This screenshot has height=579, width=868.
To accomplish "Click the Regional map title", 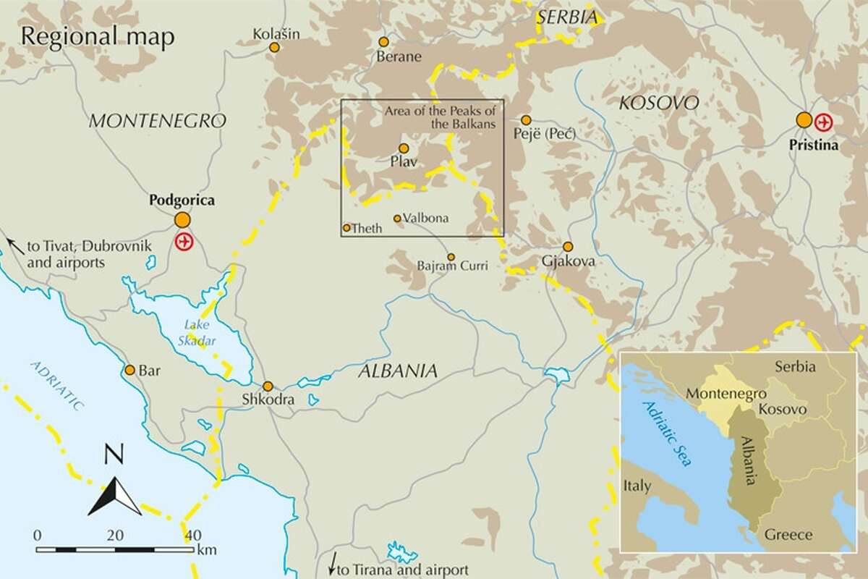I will [x=98, y=38].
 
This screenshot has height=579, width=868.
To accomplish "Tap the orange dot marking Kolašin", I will [x=274, y=48].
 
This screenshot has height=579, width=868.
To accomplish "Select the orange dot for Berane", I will [x=385, y=43].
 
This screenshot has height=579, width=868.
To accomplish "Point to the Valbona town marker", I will [x=397, y=218].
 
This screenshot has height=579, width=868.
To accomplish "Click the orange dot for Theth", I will [x=346, y=228].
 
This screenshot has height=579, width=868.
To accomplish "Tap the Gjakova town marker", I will [x=568, y=246].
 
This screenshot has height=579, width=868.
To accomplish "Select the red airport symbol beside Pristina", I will [x=824, y=120].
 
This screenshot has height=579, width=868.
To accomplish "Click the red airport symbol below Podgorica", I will [x=184, y=241].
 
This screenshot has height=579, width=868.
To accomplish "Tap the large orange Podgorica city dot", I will [x=183, y=219].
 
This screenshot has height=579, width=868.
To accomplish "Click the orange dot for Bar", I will [x=130, y=370].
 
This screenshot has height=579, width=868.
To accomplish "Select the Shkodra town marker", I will [x=268, y=386].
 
